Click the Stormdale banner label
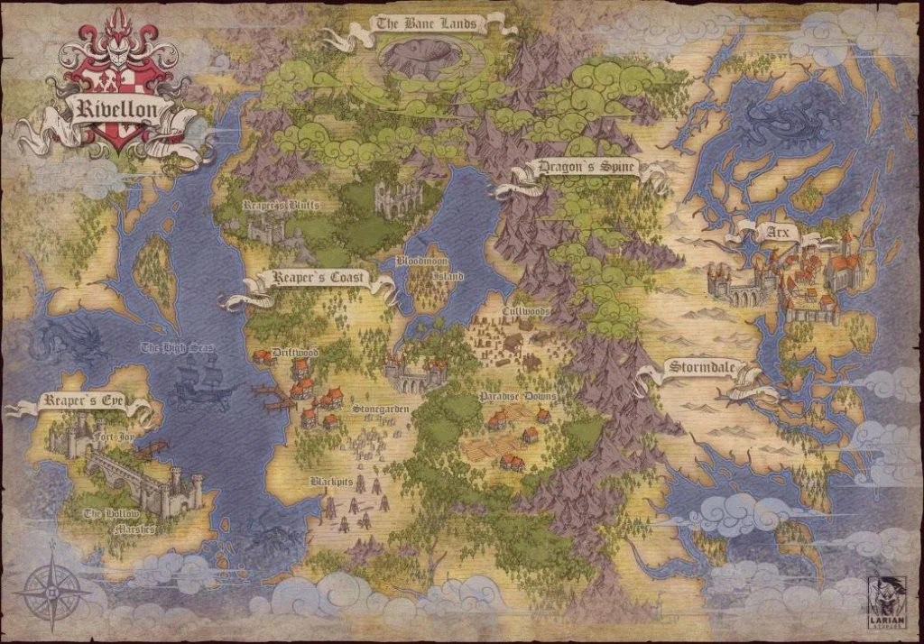(x=703, y=368)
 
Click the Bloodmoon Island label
(x=430, y=268)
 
